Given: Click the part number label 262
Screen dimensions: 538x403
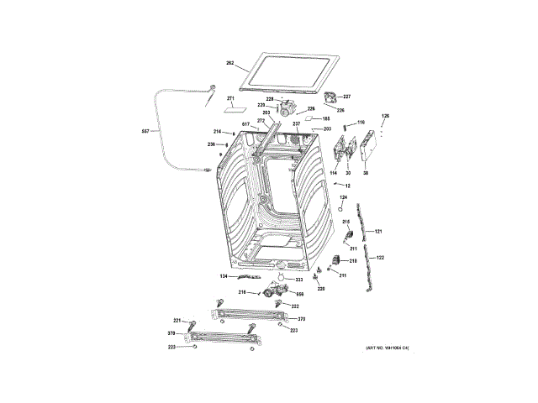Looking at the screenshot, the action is (229, 63).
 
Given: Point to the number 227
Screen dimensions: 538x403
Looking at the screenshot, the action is (346, 97).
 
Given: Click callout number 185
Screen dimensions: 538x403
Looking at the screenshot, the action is (326, 119).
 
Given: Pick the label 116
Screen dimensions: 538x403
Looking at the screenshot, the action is (361, 123).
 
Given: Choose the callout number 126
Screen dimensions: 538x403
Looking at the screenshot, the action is (386, 116).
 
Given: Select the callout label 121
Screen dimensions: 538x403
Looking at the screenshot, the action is (378, 231).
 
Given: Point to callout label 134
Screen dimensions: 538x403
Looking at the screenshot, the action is (224, 275).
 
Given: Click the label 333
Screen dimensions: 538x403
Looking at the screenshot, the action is (299, 279).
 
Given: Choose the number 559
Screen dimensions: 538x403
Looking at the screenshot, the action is (299, 293).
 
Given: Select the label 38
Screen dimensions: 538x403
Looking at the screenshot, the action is (366, 173).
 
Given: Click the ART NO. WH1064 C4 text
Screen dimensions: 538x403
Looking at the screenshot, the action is (387, 348).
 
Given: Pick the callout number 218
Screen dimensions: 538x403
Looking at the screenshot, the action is (353, 261).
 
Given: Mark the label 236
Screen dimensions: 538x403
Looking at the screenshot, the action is (212, 144).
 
